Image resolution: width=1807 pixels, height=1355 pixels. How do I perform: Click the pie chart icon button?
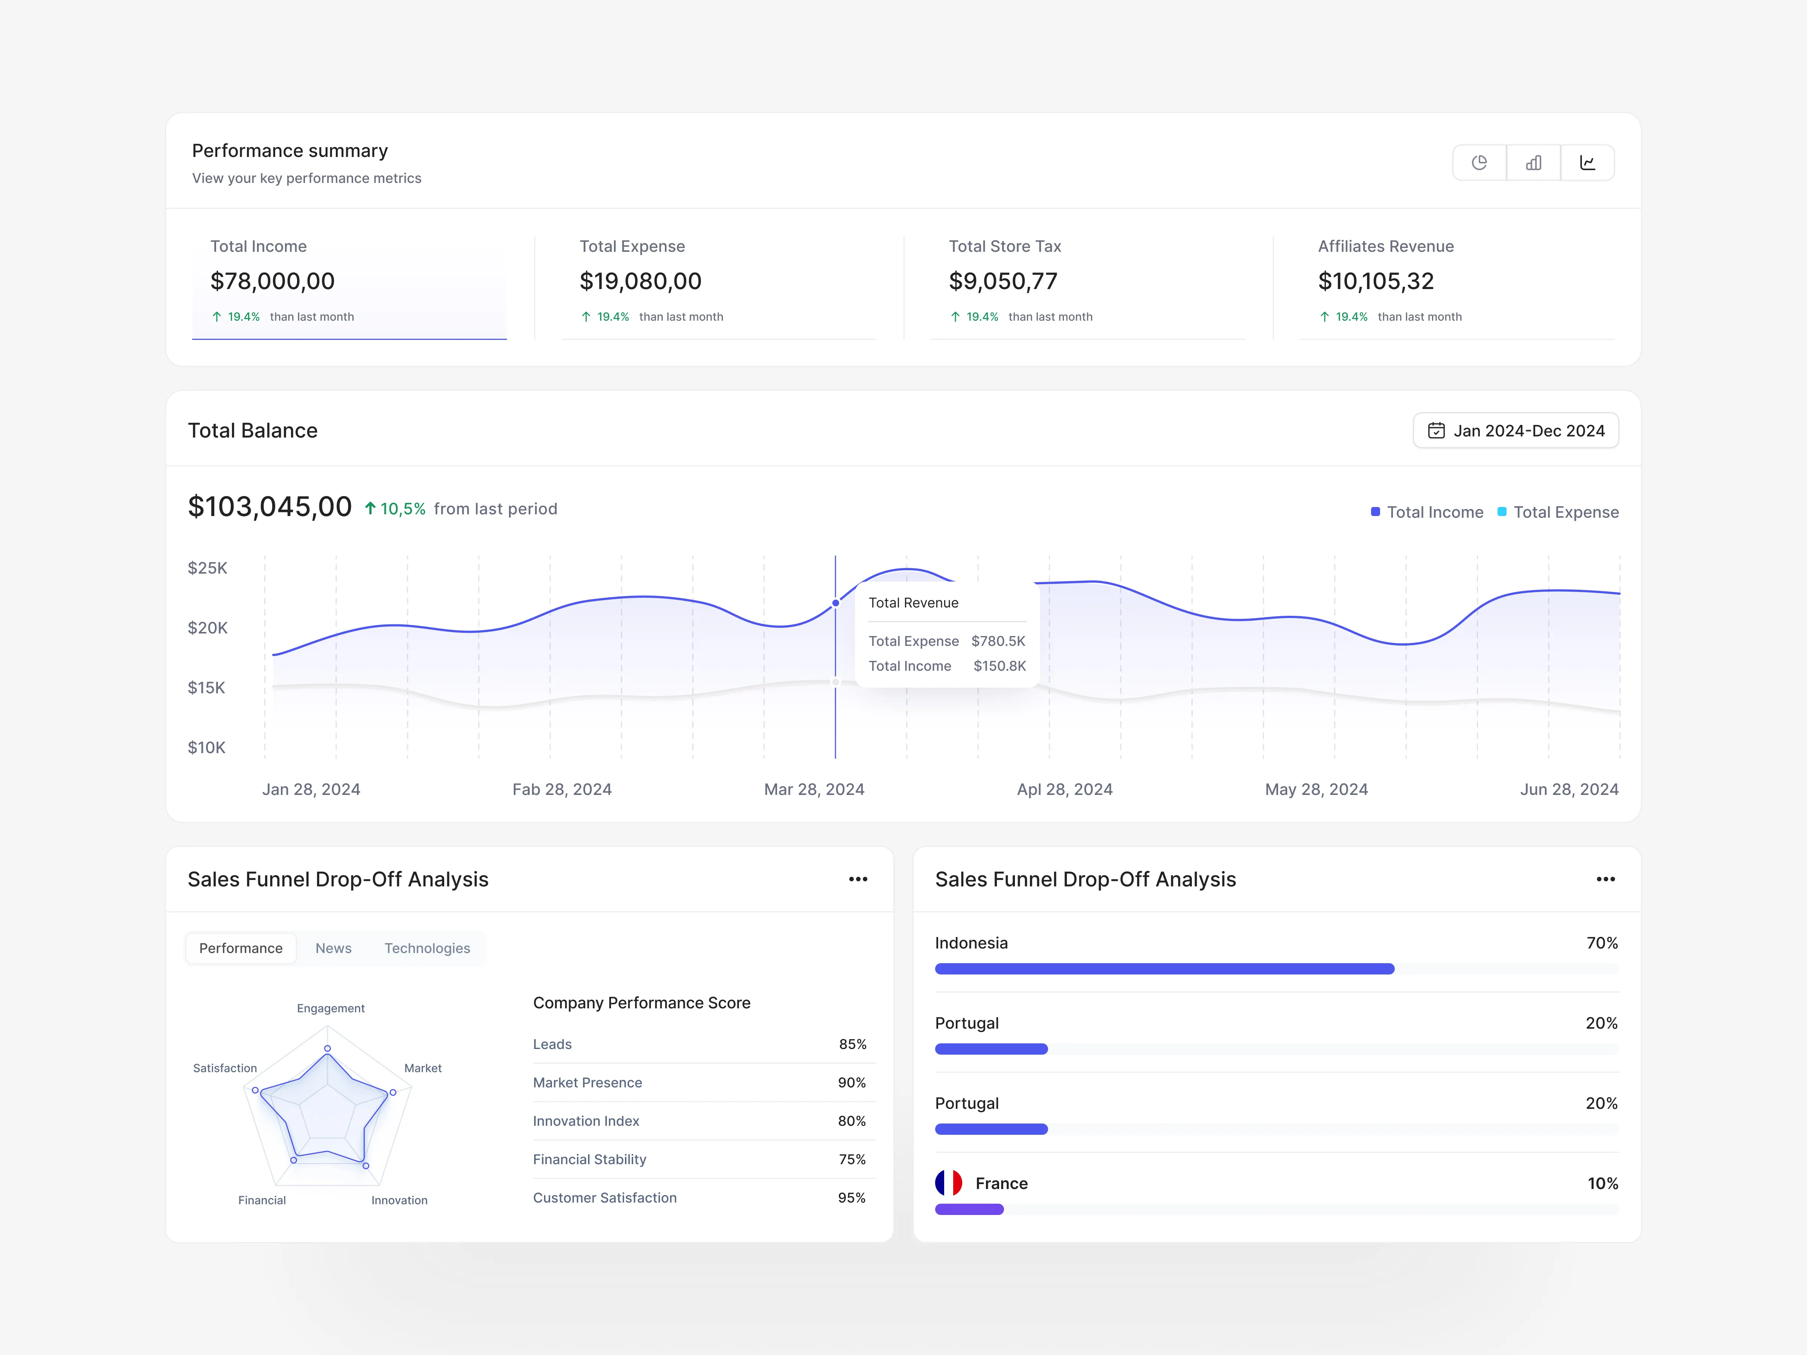[1479, 163]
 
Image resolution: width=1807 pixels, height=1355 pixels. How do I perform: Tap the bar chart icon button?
[1533, 163]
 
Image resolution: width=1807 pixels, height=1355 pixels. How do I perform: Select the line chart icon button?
[1587, 163]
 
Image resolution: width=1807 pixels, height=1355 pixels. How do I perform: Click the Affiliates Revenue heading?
[1385, 246]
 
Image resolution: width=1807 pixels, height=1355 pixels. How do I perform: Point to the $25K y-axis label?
[207, 568]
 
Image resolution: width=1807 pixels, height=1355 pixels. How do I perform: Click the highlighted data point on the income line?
[836, 603]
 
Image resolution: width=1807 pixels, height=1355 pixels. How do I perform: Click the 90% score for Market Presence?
[851, 1082]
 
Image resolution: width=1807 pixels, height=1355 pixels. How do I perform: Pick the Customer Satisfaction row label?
[605, 1197]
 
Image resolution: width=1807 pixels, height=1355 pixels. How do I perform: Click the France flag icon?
[948, 1183]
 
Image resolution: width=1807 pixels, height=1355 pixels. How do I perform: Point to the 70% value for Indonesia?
[1601, 942]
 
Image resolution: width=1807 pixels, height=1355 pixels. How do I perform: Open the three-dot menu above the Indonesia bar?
[1605, 879]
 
